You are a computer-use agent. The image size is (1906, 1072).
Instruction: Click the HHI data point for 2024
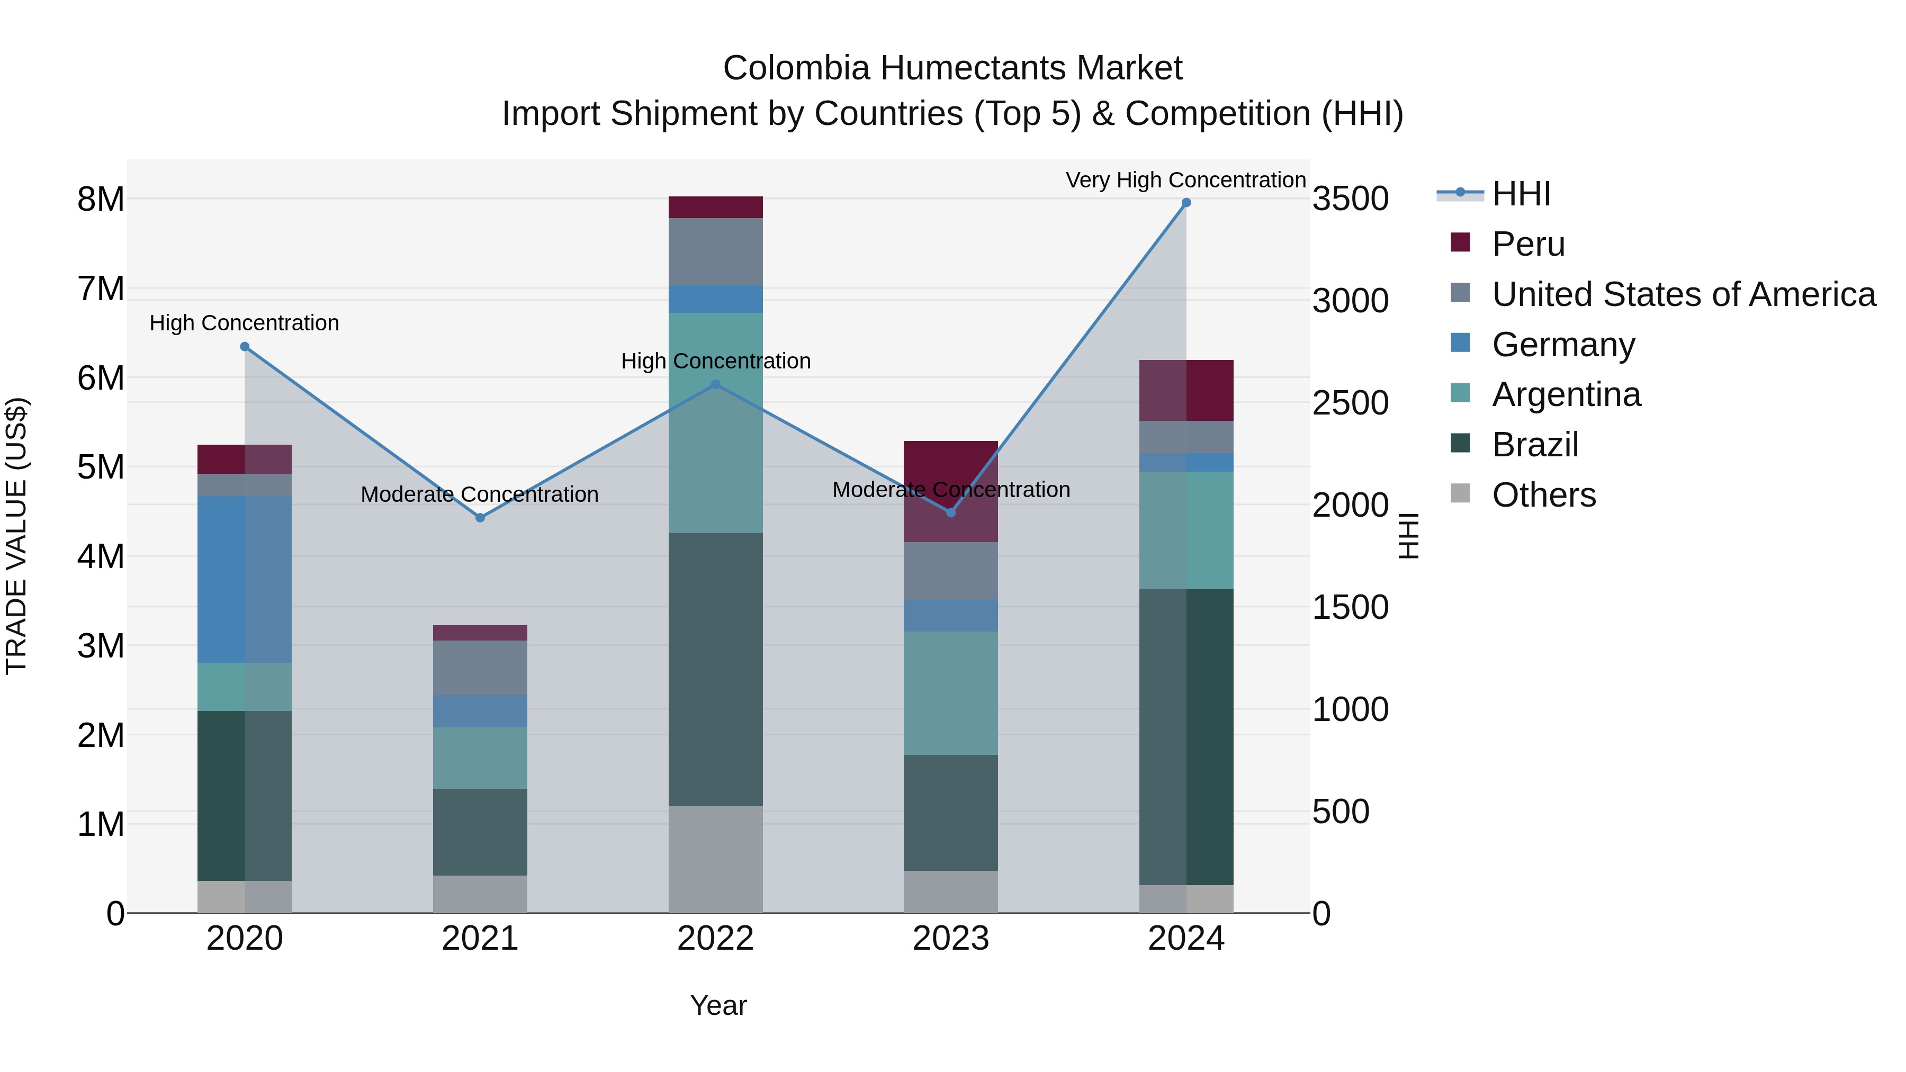click(1186, 203)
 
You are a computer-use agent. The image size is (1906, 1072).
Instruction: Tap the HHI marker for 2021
click(480, 518)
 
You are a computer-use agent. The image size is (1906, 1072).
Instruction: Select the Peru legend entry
click(1528, 244)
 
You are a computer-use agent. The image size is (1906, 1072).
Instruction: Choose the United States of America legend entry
click(1683, 294)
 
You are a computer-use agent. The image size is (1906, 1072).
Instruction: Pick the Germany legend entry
click(1563, 345)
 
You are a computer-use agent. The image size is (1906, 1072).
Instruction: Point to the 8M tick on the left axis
click(101, 200)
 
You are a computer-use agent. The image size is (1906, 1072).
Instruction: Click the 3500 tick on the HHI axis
click(1350, 200)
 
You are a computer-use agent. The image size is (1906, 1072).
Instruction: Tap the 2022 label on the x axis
click(715, 939)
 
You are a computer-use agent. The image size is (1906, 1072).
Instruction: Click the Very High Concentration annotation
click(1185, 180)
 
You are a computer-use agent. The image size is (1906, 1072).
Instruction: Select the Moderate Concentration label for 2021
click(480, 494)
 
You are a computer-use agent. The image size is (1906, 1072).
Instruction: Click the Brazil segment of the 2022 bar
click(715, 670)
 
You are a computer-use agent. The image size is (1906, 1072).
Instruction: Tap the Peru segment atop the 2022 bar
click(715, 207)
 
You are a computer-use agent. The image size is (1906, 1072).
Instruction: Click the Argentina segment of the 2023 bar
click(951, 692)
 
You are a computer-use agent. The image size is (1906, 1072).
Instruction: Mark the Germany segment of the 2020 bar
click(244, 579)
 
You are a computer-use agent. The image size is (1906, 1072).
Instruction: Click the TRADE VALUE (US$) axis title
click(16, 536)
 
